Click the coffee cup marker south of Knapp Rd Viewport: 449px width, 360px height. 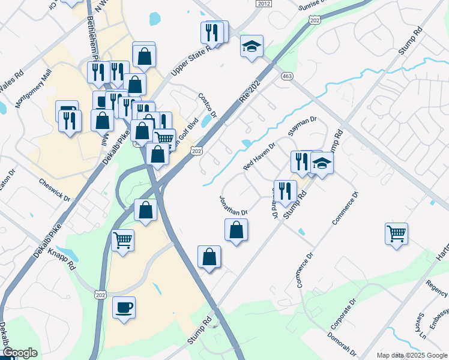[124, 308]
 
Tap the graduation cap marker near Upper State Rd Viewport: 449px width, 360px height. [252, 45]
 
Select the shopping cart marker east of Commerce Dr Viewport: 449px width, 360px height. [397, 233]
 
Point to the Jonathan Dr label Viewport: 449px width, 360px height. [234, 205]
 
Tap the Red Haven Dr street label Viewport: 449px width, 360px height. [259, 156]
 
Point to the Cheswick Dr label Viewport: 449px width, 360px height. [55, 189]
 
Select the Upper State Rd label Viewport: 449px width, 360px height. [190, 61]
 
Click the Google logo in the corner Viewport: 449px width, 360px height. [20, 353]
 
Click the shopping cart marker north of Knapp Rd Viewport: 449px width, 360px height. [123, 241]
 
